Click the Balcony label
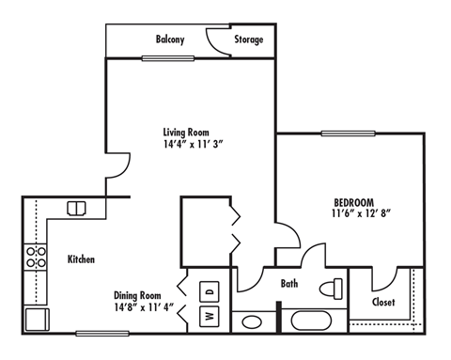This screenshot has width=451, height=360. (169, 39)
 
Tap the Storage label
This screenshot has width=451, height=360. (248, 39)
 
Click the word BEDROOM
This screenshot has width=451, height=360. (354, 202)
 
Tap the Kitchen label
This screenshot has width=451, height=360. (80, 258)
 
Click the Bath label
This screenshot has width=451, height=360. (290, 283)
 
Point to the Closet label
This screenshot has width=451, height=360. (382, 302)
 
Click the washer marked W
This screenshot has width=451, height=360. (210, 316)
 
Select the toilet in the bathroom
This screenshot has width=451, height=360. (332, 287)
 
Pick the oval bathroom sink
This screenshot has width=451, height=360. (252, 322)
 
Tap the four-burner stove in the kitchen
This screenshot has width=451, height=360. (36, 258)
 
